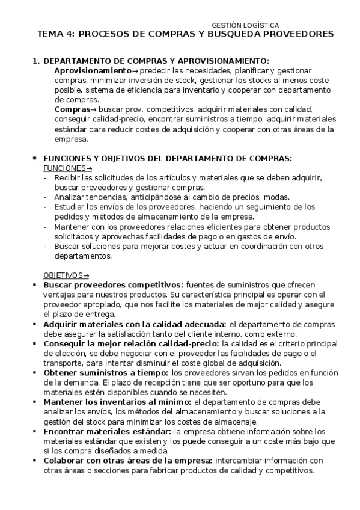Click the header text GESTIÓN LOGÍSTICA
click(246, 25)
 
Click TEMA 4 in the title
click(57, 35)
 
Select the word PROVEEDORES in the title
click(299, 35)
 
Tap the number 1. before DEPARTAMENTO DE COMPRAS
click(35, 61)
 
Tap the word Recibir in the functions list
click(66, 178)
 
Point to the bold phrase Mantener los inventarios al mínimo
click(118, 402)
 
